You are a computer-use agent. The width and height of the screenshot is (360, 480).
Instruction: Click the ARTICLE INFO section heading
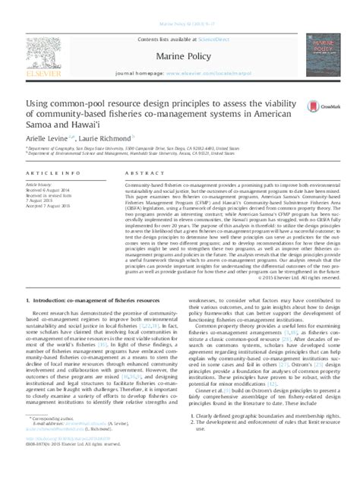[50, 178]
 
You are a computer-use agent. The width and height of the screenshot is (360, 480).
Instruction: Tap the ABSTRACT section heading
[127, 178]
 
